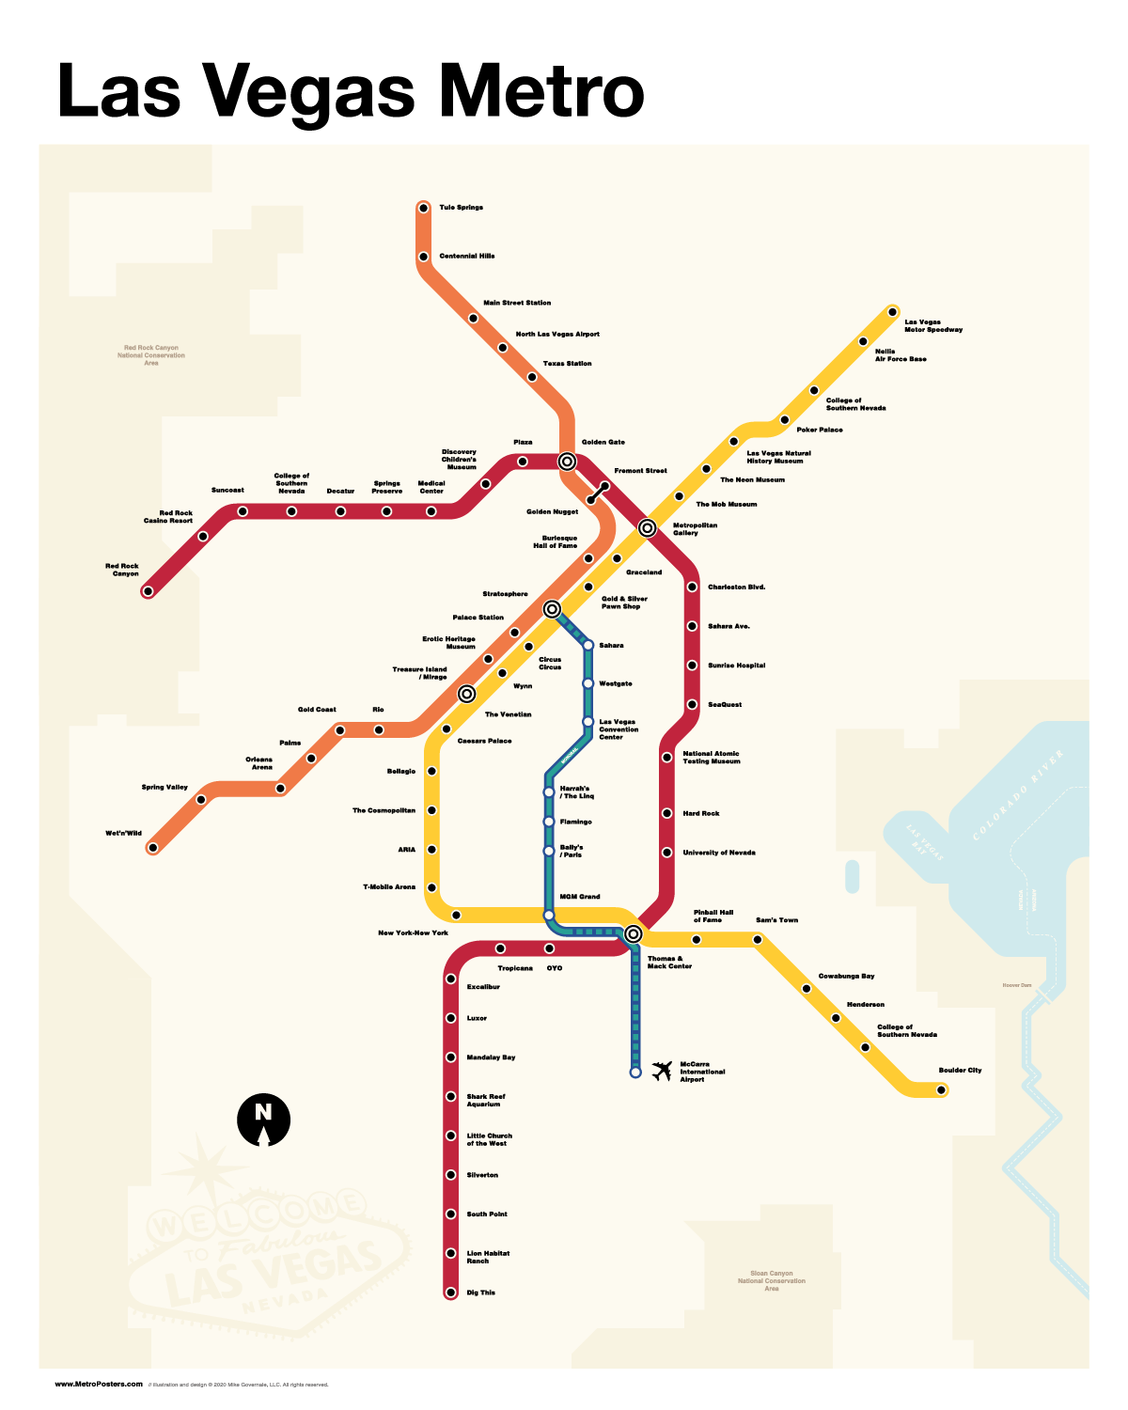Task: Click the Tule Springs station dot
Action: pyautogui.click(x=423, y=208)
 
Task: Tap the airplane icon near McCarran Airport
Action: pyautogui.click(x=662, y=1071)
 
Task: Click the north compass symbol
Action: pyautogui.click(x=263, y=1120)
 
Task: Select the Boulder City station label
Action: pyautogui.click(x=960, y=1071)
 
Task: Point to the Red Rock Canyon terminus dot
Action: pyautogui.click(x=148, y=591)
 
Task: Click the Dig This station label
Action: pyautogui.click(x=480, y=1292)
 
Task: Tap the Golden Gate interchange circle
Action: pyautogui.click(x=567, y=462)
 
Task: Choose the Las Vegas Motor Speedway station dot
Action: pyautogui.click(x=892, y=312)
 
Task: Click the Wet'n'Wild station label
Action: pyautogui.click(x=123, y=833)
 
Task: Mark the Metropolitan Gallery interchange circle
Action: pyautogui.click(x=647, y=528)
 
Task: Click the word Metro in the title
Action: pyautogui.click(x=542, y=91)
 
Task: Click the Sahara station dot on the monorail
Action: pyautogui.click(x=587, y=645)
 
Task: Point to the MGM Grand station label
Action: pyautogui.click(x=580, y=897)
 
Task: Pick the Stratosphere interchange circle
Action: pyautogui.click(x=552, y=609)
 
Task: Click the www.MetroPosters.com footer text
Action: pyautogui.click(x=99, y=1384)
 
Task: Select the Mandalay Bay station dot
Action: pyautogui.click(x=450, y=1057)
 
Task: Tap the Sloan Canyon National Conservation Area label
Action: pyautogui.click(x=771, y=1280)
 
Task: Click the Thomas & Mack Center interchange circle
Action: pyautogui.click(x=633, y=934)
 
